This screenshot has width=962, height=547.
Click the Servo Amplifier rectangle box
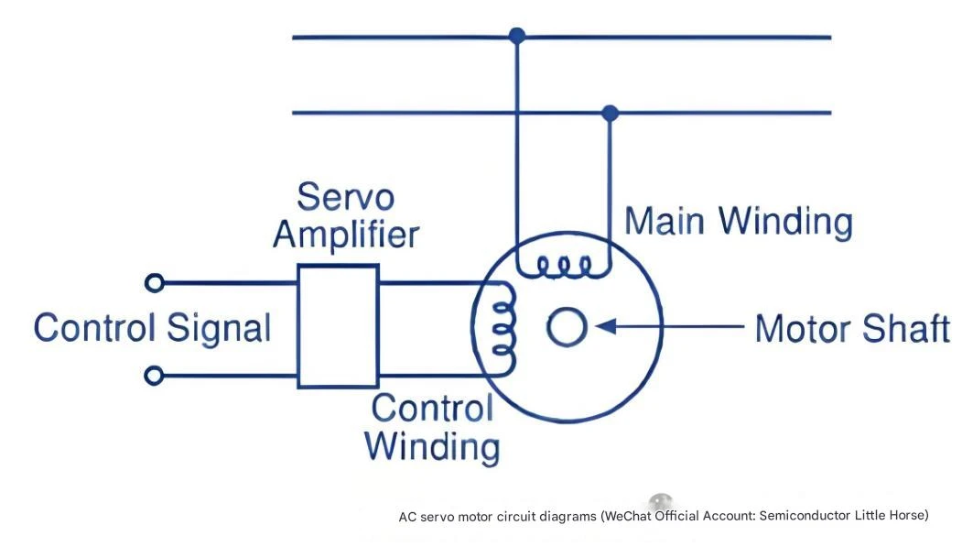pos(298,326)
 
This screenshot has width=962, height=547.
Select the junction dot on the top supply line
pos(517,36)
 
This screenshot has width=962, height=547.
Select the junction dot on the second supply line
pos(610,113)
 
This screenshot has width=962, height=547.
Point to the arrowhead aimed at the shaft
pos(606,326)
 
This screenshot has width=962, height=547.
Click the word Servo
pos(345,198)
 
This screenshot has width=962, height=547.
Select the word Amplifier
pos(347,235)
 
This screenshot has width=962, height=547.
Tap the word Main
pos(665,221)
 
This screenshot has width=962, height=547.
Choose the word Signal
pos(219,328)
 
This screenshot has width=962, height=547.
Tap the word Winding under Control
pos(432,447)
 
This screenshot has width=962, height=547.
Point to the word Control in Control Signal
pos(94,328)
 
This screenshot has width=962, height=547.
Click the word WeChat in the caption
pos(628,516)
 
